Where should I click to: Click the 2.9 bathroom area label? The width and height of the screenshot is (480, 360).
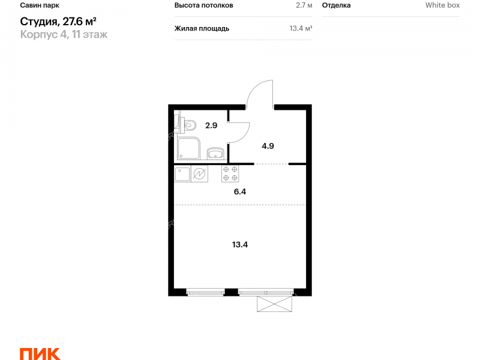point(211,125)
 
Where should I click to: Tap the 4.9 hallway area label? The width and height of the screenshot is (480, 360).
point(268,146)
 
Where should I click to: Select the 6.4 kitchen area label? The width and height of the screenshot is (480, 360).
point(239,191)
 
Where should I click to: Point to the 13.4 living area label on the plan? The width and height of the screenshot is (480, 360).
point(239,245)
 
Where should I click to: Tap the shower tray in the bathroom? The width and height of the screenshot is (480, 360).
point(188,148)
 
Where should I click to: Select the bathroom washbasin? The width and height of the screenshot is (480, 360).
point(215,154)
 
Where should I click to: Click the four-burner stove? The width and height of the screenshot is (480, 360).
point(230,173)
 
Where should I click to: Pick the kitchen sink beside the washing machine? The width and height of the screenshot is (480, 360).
point(182,174)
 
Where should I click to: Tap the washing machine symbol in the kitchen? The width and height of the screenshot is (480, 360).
point(199,174)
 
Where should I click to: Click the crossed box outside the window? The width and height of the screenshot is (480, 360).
point(274,304)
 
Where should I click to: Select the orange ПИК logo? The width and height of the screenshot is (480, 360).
point(40,354)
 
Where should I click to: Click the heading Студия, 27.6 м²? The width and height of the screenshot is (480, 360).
point(58,22)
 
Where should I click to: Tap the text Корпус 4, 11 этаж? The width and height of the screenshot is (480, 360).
point(64,34)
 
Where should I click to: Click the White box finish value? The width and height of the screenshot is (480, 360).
point(443,5)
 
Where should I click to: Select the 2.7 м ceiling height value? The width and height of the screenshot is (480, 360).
point(304,5)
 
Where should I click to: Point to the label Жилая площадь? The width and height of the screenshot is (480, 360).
point(202,29)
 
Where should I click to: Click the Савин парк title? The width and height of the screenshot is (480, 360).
point(40,5)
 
